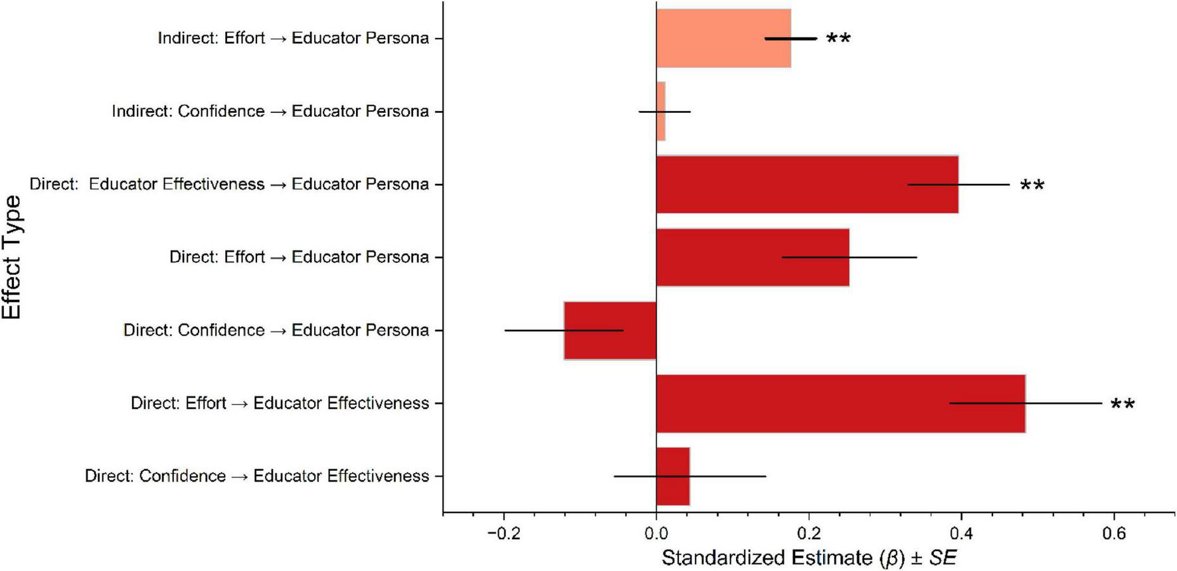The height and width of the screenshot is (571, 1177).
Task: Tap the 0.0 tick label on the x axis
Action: coord(656,534)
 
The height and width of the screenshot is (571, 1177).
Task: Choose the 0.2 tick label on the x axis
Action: coord(808,534)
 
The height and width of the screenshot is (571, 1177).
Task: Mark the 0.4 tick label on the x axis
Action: coord(961,534)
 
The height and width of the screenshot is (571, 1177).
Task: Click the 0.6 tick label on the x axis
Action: coord(1114,534)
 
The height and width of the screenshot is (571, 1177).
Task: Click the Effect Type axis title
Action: coord(12,257)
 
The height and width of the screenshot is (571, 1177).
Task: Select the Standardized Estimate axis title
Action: coord(808,558)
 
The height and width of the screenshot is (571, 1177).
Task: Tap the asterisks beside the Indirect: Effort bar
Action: coord(838,40)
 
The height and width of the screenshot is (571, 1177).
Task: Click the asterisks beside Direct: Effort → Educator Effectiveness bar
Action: coord(1123,405)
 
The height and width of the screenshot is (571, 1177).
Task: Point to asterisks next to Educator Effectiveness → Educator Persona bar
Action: coord(1032,186)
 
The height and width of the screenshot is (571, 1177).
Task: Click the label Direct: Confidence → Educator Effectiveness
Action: coord(256,476)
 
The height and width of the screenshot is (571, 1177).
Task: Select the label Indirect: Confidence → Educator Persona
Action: coord(270,111)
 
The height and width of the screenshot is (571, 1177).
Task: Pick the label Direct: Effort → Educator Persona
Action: coord(299,257)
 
